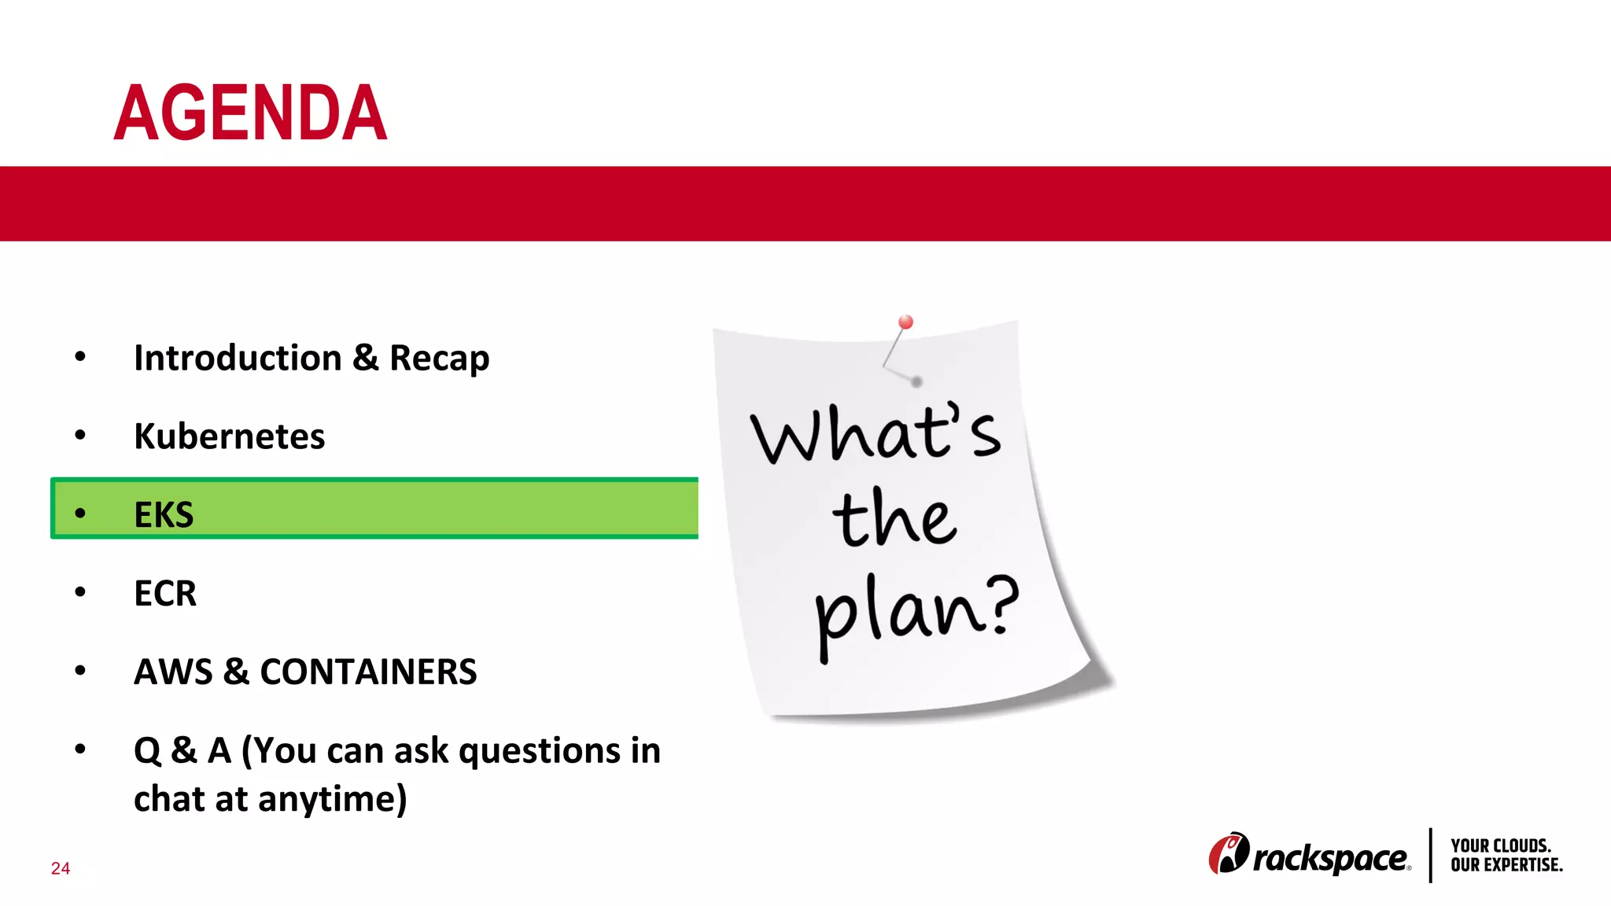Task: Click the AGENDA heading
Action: (x=250, y=113)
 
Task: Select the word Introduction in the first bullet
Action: (x=238, y=358)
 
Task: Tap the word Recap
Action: (x=439, y=359)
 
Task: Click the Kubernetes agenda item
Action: (x=229, y=436)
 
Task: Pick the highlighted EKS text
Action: (x=164, y=515)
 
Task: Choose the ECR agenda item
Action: (x=165, y=593)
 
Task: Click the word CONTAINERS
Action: (x=368, y=672)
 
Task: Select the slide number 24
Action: (x=61, y=868)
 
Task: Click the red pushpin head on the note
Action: (x=905, y=322)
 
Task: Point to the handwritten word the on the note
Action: (x=894, y=519)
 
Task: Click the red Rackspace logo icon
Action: (x=1228, y=853)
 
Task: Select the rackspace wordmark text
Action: (x=1329, y=858)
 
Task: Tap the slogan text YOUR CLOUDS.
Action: (x=1500, y=845)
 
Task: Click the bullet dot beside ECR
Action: (x=80, y=591)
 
